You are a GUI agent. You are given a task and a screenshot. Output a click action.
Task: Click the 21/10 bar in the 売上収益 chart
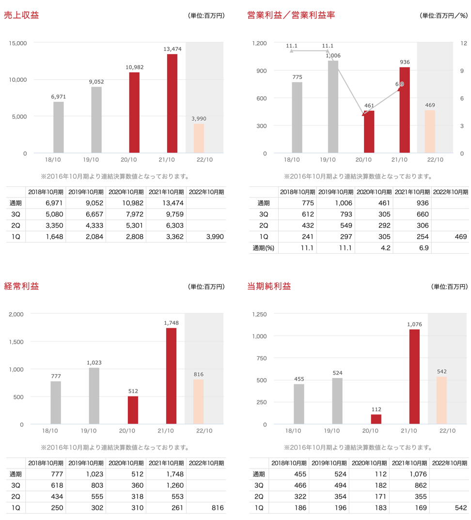[172, 104]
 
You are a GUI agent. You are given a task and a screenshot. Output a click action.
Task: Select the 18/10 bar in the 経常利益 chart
[56, 402]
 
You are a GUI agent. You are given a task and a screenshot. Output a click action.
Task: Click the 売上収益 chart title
[21, 15]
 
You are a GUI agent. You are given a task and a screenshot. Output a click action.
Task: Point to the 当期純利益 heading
[269, 286]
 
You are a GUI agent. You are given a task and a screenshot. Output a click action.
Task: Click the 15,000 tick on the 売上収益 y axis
[18, 43]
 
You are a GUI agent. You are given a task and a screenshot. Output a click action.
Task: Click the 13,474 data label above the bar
[172, 48]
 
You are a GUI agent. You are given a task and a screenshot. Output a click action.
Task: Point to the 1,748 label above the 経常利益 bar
[172, 322]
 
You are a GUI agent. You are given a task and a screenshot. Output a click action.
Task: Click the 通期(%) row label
[264, 248]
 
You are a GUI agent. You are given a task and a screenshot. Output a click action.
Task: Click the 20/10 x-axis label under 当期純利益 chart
[370, 430]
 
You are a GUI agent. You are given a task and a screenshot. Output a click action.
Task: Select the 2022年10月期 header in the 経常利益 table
[205, 463]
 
